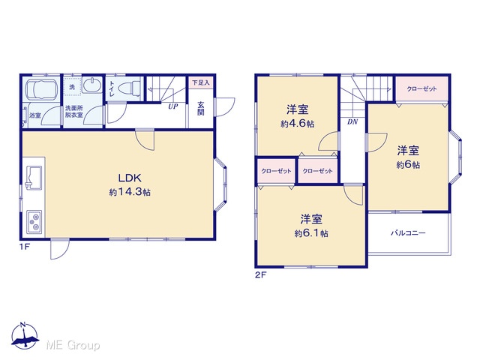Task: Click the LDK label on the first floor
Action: pos(130,178)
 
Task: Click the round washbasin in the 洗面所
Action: pos(92,84)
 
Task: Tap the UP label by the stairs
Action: pos(173,106)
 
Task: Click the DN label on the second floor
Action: pos(352,121)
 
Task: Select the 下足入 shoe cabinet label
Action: pos(201,82)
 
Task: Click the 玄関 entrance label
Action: pos(201,108)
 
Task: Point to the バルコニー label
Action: pos(408,233)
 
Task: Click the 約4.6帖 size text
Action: pos(298,124)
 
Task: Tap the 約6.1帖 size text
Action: pos(311,233)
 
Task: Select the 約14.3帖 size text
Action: pos(130,192)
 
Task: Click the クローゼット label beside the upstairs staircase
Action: pos(421,89)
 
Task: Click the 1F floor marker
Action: pos(25,247)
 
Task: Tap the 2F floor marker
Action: pos(261,274)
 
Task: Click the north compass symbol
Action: pos(25,335)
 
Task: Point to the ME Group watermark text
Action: pos(73,345)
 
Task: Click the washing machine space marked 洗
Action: pos(72,87)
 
